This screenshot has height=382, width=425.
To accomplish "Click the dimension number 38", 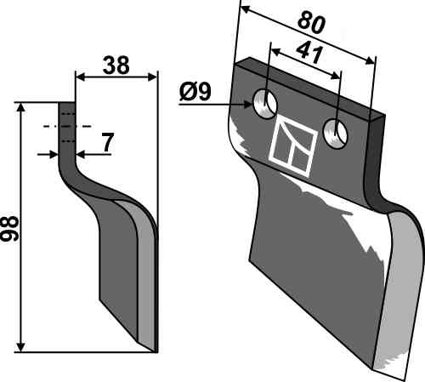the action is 116,66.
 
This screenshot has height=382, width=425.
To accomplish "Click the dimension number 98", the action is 10,228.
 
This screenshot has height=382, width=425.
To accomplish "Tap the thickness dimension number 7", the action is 107,142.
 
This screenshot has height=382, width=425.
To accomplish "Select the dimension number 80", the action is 311,23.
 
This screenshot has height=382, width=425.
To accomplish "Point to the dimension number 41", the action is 309,54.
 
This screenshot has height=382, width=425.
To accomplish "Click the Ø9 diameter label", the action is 195,92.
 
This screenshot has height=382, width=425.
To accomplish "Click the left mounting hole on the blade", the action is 265,104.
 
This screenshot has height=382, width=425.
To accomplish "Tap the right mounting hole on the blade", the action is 336,134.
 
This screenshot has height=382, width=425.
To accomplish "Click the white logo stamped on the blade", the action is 293,146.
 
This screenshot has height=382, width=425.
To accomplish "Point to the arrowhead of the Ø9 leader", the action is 248,105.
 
